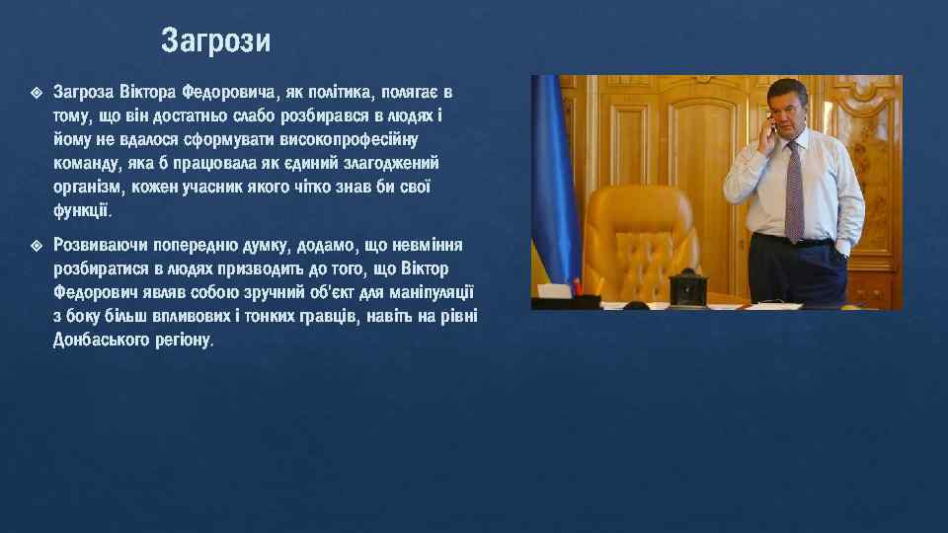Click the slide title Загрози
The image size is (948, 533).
[215, 41]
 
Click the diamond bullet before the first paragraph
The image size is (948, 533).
[36, 93]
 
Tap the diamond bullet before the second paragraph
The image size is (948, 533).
[36, 244]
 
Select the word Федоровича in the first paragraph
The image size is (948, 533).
[229, 93]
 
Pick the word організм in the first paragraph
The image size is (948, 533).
[88, 187]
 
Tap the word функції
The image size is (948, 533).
[83, 210]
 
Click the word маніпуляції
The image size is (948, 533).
[430, 292]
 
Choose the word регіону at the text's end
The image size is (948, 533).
[183, 340]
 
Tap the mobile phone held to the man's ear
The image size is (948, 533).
[769, 128]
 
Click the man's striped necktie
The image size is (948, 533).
[795, 188]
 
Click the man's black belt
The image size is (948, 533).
[795, 240]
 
